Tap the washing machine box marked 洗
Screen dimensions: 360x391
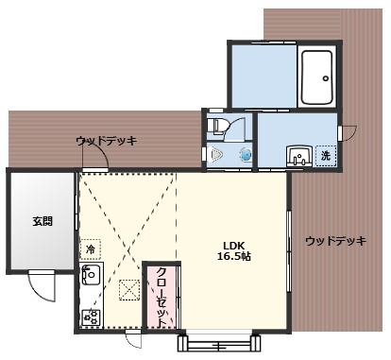click(x=325, y=155)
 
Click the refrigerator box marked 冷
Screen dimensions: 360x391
click(x=91, y=249)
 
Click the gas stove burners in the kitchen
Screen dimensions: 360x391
click(x=92, y=317)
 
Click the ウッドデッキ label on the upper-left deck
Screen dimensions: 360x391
click(x=106, y=141)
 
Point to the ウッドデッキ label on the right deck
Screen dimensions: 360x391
click(x=335, y=241)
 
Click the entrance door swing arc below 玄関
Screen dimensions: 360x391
click(x=42, y=283)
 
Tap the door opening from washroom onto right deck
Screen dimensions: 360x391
click(x=348, y=133)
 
